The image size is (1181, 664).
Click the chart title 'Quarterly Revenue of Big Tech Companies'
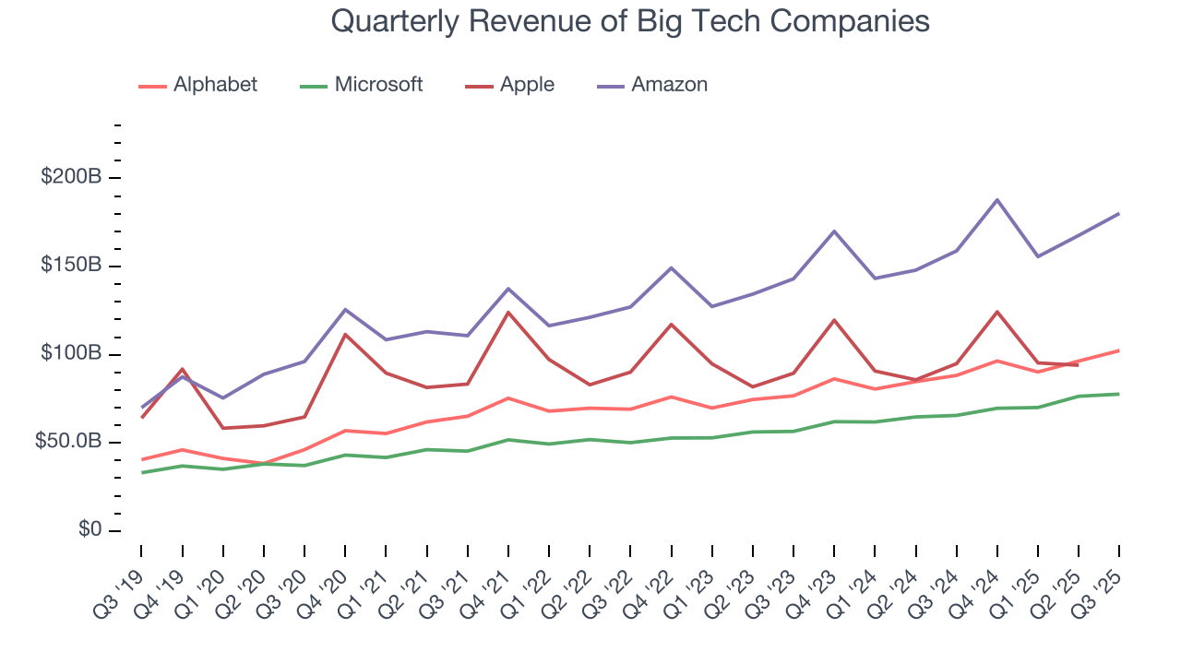(629, 21)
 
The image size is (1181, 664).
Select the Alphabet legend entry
(197, 85)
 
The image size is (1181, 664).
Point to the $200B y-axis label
(71, 177)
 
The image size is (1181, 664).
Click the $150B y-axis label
(71, 266)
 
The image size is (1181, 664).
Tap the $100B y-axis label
(71, 354)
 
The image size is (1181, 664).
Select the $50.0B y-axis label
(68, 442)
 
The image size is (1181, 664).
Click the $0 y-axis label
(89, 530)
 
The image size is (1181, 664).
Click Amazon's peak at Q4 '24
(996, 199)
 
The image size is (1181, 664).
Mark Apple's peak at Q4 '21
(507, 312)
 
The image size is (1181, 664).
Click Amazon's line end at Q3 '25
(1118, 214)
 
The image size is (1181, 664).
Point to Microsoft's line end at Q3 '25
(1118, 394)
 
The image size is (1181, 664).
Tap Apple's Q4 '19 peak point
(183, 369)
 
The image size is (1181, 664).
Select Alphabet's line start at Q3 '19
(142, 459)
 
